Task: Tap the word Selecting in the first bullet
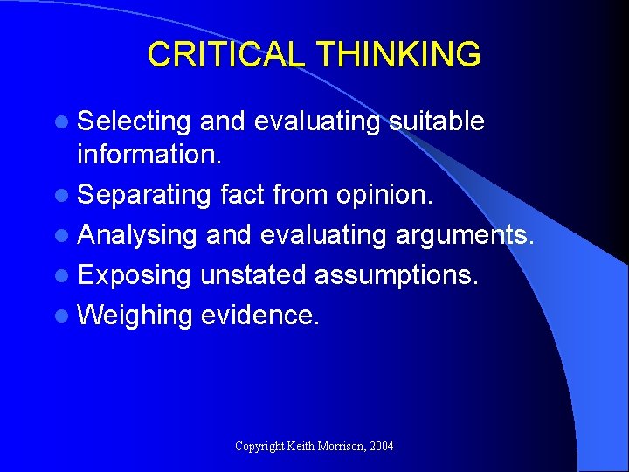click(134, 122)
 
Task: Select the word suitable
click(436, 121)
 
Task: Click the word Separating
click(143, 194)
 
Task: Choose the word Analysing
click(137, 235)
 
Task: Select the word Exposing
click(135, 275)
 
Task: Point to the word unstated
click(252, 274)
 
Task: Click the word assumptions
click(397, 276)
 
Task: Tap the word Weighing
click(135, 316)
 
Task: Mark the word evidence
click(260, 315)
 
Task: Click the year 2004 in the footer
click(382, 447)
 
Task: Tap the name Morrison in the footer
click(341, 447)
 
